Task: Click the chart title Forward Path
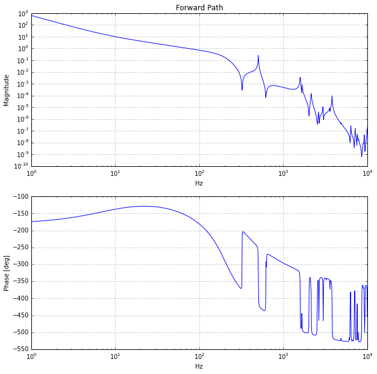pyautogui.click(x=199, y=7)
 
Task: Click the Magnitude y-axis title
pyautogui.click(x=7, y=90)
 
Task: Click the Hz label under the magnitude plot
pyautogui.click(x=199, y=183)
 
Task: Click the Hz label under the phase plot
pyautogui.click(x=199, y=366)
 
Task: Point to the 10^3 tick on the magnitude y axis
pyautogui.click(x=23, y=14)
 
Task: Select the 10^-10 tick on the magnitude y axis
pyautogui.click(x=21, y=166)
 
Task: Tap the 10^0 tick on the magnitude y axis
pyautogui.click(x=23, y=49)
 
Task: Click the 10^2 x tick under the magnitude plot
pyautogui.click(x=199, y=174)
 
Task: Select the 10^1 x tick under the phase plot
pyautogui.click(x=115, y=357)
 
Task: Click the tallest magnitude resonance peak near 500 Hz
pyautogui.click(x=258, y=55)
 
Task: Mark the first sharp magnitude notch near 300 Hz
pyautogui.click(x=242, y=90)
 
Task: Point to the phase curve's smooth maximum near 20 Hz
pyautogui.click(x=143, y=206)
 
